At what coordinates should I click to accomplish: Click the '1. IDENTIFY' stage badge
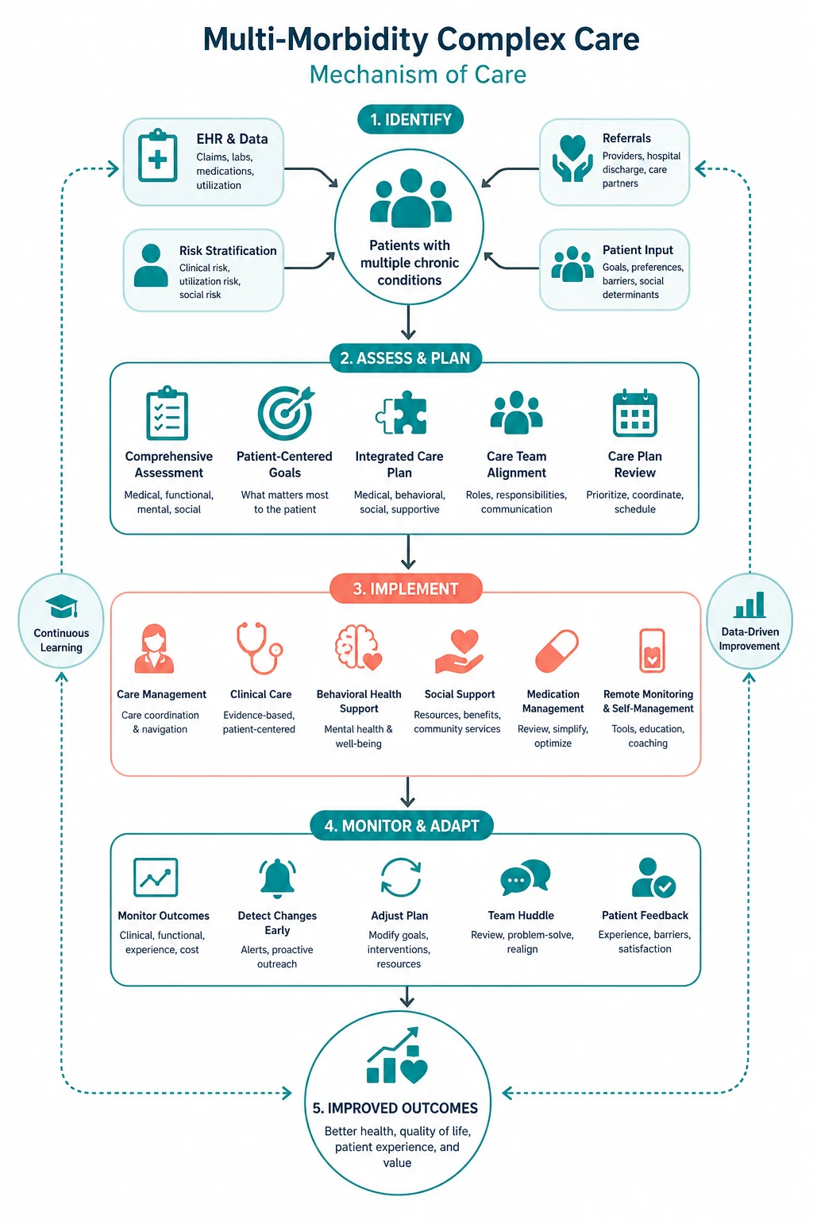point(410,119)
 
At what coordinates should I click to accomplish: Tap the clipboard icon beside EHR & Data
point(157,156)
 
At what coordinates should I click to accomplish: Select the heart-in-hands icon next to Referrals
point(572,158)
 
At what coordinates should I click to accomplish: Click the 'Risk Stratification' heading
point(228,250)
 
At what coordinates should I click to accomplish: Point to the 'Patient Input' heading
point(638,250)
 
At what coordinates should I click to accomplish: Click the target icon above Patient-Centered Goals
point(285,413)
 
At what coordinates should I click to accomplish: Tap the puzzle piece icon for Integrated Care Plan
point(401,413)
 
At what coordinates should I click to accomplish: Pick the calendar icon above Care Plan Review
point(635,413)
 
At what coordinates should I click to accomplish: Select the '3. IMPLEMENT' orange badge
point(406,589)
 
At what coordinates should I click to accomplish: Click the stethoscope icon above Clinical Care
point(260,648)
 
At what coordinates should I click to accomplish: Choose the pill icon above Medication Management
point(557,651)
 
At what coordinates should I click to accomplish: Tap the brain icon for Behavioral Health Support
point(359,647)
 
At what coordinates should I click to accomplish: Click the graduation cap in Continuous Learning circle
point(61,606)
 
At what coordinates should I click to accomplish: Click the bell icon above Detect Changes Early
point(277,878)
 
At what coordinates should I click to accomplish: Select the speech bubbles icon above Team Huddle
point(526,877)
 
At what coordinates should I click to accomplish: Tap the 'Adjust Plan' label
point(399,916)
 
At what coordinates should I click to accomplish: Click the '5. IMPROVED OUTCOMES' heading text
point(395,1108)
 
